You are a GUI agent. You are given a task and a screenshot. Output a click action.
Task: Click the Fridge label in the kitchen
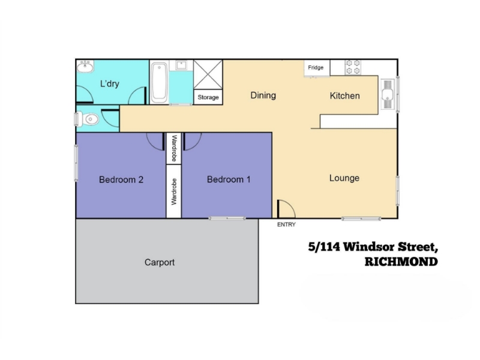(316, 67)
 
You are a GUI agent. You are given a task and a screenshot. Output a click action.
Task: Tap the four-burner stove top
(353, 67)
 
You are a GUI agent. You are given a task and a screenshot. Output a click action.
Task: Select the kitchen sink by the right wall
(388, 94)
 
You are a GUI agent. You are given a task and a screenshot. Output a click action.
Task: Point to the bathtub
(159, 83)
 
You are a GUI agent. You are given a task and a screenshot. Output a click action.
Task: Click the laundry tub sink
(85, 67)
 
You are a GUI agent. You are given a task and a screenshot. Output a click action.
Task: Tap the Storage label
(208, 97)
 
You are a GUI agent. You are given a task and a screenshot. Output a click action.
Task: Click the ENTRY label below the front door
(286, 224)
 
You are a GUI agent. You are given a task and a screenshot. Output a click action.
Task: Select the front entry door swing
(286, 209)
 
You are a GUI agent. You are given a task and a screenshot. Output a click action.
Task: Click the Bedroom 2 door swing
(155, 142)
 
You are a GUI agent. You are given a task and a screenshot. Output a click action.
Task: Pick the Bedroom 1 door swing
(192, 142)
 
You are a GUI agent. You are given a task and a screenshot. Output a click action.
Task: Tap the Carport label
(160, 262)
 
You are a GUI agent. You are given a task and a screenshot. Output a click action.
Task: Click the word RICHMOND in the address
(401, 262)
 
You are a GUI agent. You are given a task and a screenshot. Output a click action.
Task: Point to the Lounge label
(344, 178)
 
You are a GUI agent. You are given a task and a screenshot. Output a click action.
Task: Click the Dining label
(263, 95)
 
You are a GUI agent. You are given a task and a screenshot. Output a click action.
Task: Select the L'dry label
(110, 83)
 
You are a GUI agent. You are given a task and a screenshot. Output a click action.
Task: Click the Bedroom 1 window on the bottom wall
(227, 218)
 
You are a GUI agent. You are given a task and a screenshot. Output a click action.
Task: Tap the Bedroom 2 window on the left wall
(76, 163)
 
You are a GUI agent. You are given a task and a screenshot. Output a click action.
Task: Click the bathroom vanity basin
(182, 65)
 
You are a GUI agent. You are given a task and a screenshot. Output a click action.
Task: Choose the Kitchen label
(344, 96)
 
